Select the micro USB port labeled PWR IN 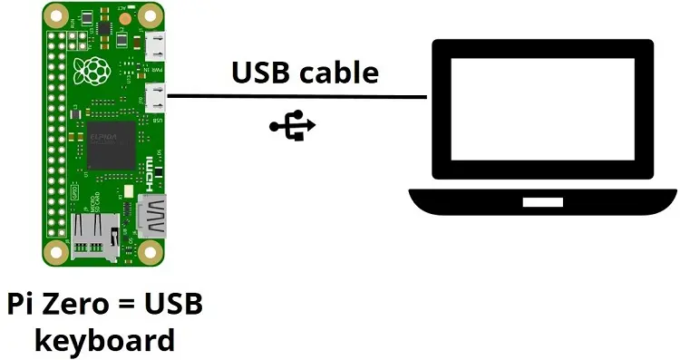tap(157, 44)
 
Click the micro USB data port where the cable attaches tap(157, 97)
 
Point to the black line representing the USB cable tap(299, 96)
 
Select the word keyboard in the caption tap(104, 340)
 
